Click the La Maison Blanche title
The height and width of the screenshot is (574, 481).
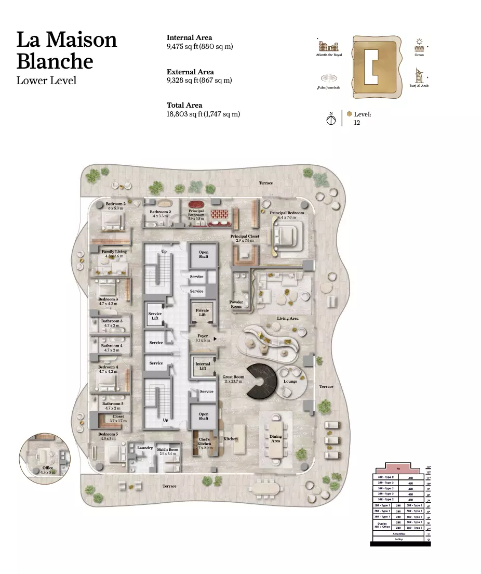click(x=66, y=50)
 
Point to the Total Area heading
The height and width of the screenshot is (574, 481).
click(x=184, y=105)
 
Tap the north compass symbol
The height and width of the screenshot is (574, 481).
click(x=330, y=120)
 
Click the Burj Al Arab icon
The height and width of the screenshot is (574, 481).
click(x=418, y=76)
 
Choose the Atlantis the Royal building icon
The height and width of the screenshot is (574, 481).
click(x=329, y=46)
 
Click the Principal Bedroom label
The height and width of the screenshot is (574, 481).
click(x=287, y=213)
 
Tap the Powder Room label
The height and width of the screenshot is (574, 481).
click(x=236, y=304)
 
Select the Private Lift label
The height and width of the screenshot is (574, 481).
click(x=203, y=312)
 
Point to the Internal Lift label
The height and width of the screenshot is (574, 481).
click(x=203, y=366)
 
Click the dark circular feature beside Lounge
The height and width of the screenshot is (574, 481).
click(x=262, y=381)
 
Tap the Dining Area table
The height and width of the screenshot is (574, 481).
click(x=275, y=439)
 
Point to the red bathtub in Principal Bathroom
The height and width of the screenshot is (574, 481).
click(x=196, y=205)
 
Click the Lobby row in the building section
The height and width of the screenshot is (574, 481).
click(x=398, y=539)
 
